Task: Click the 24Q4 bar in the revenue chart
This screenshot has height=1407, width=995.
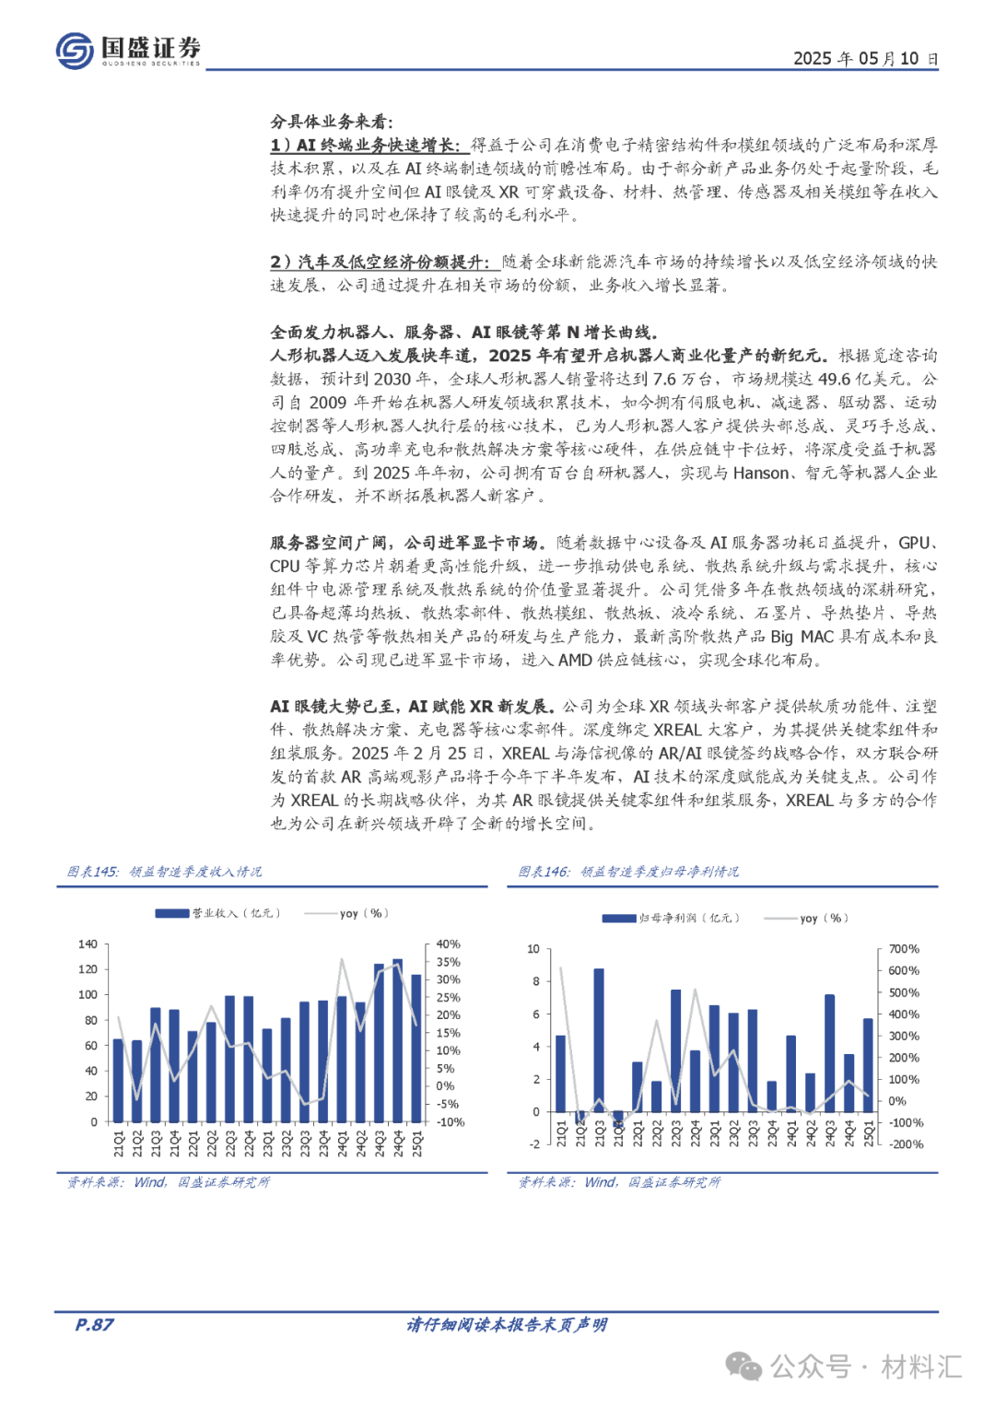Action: (397, 1040)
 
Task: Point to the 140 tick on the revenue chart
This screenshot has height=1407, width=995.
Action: (88, 944)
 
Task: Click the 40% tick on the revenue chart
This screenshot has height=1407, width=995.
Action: (449, 944)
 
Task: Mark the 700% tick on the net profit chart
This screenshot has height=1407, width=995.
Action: (904, 949)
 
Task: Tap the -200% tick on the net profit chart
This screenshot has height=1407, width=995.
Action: (905, 1144)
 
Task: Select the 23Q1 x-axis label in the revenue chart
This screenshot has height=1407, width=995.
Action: (267, 1143)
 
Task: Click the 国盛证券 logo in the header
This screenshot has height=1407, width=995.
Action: (128, 50)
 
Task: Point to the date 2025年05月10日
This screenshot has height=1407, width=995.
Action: (865, 59)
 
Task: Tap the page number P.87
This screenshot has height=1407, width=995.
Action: (94, 1325)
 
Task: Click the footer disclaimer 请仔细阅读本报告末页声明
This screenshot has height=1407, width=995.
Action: (507, 1325)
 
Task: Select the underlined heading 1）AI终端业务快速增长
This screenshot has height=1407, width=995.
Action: (365, 145)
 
